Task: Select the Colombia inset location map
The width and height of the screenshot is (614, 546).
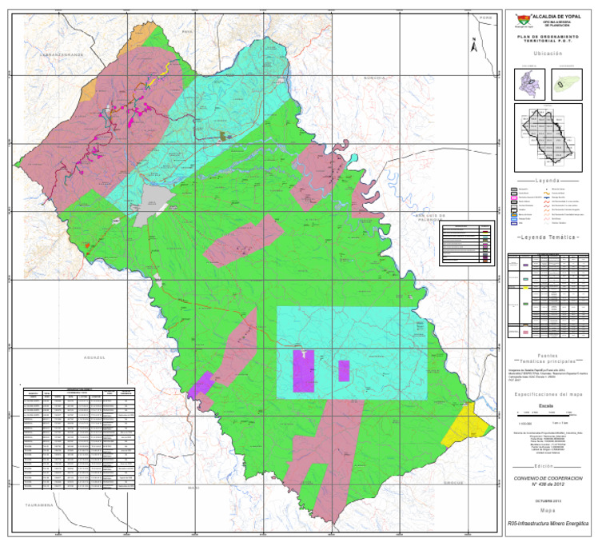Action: [x=527, y=83]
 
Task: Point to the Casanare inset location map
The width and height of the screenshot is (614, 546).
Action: [x=565, y=83]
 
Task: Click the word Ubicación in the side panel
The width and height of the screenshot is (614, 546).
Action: [x=548, y=54]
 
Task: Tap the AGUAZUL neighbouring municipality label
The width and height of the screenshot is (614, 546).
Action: [x=84, y=357]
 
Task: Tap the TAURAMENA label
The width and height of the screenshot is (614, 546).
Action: [x=38, y=505]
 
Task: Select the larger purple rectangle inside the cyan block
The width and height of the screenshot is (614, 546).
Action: [x=303, y=371]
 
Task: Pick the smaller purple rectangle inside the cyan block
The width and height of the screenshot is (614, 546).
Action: [x=344, y=370]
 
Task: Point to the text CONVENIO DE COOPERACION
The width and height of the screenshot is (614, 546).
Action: [x=548, y=477]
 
